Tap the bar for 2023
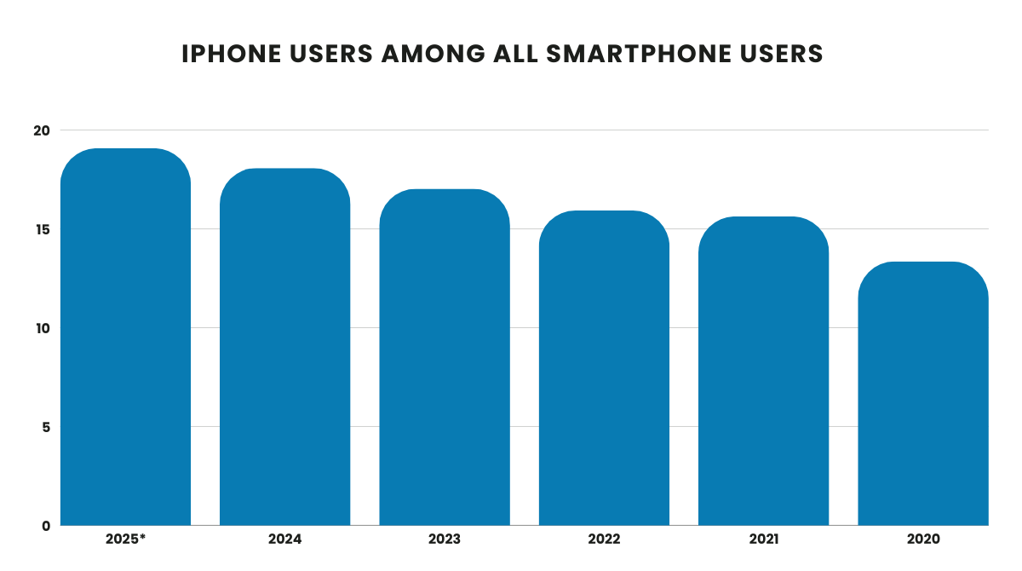pos(445,357)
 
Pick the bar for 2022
pos(604,367)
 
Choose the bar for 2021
pos(763,371)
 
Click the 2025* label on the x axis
pos(125,539)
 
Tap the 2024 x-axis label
pos(284,539)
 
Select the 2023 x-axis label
pos(445,539)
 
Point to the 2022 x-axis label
pos(604,539)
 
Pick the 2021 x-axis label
pos(763,539)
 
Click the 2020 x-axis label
pos(922,539)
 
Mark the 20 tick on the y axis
pos(43,130)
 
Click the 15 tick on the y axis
pos(43,229)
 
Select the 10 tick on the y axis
pos(43,328)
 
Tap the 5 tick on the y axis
pos(46,427)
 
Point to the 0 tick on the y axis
pos(46,526)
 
